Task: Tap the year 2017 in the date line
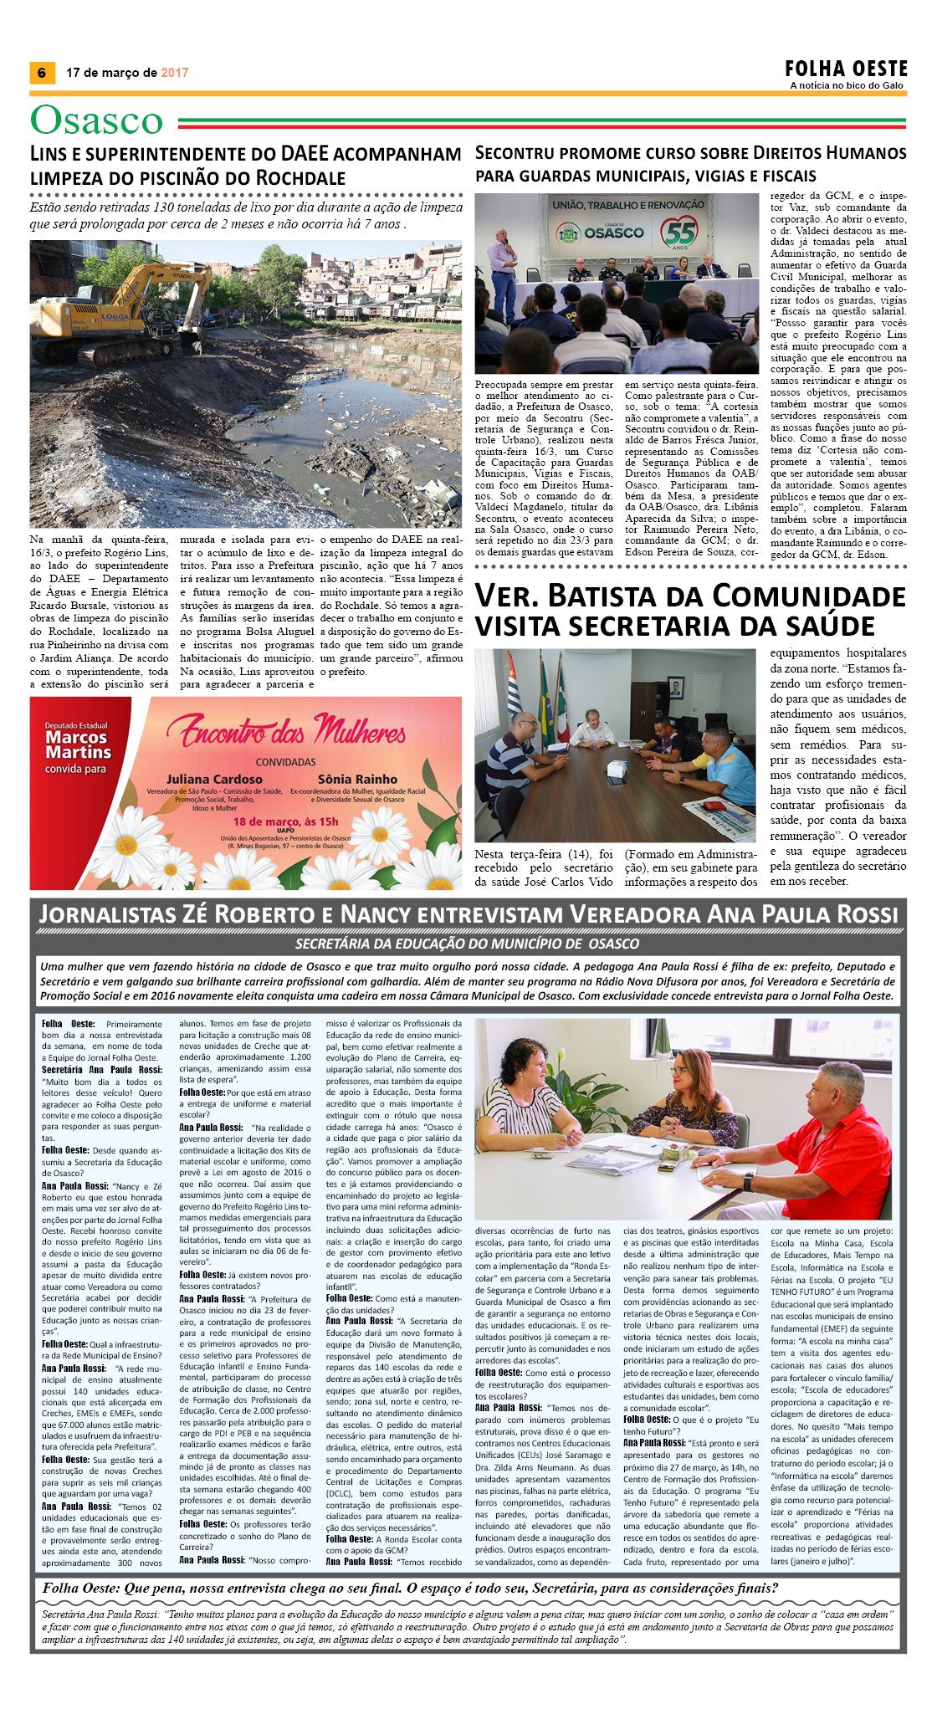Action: pos(175,73)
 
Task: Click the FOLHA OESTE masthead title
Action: pos(846,69)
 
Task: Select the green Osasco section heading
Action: pos(97,120)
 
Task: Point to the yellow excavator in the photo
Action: pos(125,301)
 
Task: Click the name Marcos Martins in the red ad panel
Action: pos(78,744)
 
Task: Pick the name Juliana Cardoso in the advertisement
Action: pos(214,779)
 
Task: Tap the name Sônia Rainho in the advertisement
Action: pos(357,779)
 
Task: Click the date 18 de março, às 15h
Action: pos(285,821)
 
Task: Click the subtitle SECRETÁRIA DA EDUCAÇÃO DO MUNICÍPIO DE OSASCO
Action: pos(467,944)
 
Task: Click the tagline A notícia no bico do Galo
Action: pos(847,85)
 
